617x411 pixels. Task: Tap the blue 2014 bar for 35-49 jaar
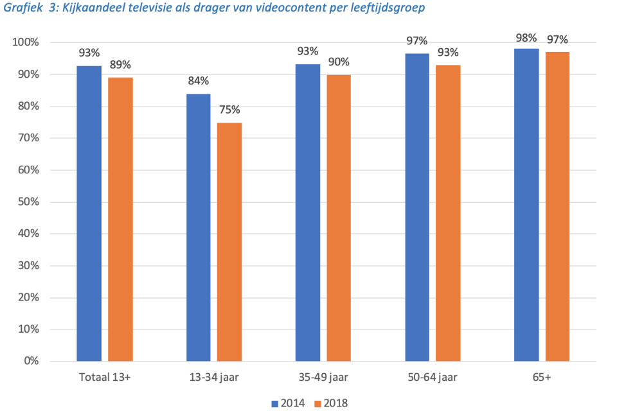pos(308,213)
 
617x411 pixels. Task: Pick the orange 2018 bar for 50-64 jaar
pos(448,213)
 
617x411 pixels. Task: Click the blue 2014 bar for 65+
pos(526,205)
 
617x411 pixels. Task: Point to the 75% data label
pos(229,110)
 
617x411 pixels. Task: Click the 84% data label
pos(199,81)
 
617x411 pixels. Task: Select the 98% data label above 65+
pos(526,37)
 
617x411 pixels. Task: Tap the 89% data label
pos(120,65)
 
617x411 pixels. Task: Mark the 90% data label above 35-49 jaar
pos(339,62)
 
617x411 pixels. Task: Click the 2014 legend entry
pos(289,403)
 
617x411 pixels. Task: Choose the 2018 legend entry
pos(332,403)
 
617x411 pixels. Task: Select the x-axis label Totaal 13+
pos(104,378)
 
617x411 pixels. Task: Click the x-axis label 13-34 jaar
pos(213,378)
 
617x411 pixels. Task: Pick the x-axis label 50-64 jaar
pos(433,378)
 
